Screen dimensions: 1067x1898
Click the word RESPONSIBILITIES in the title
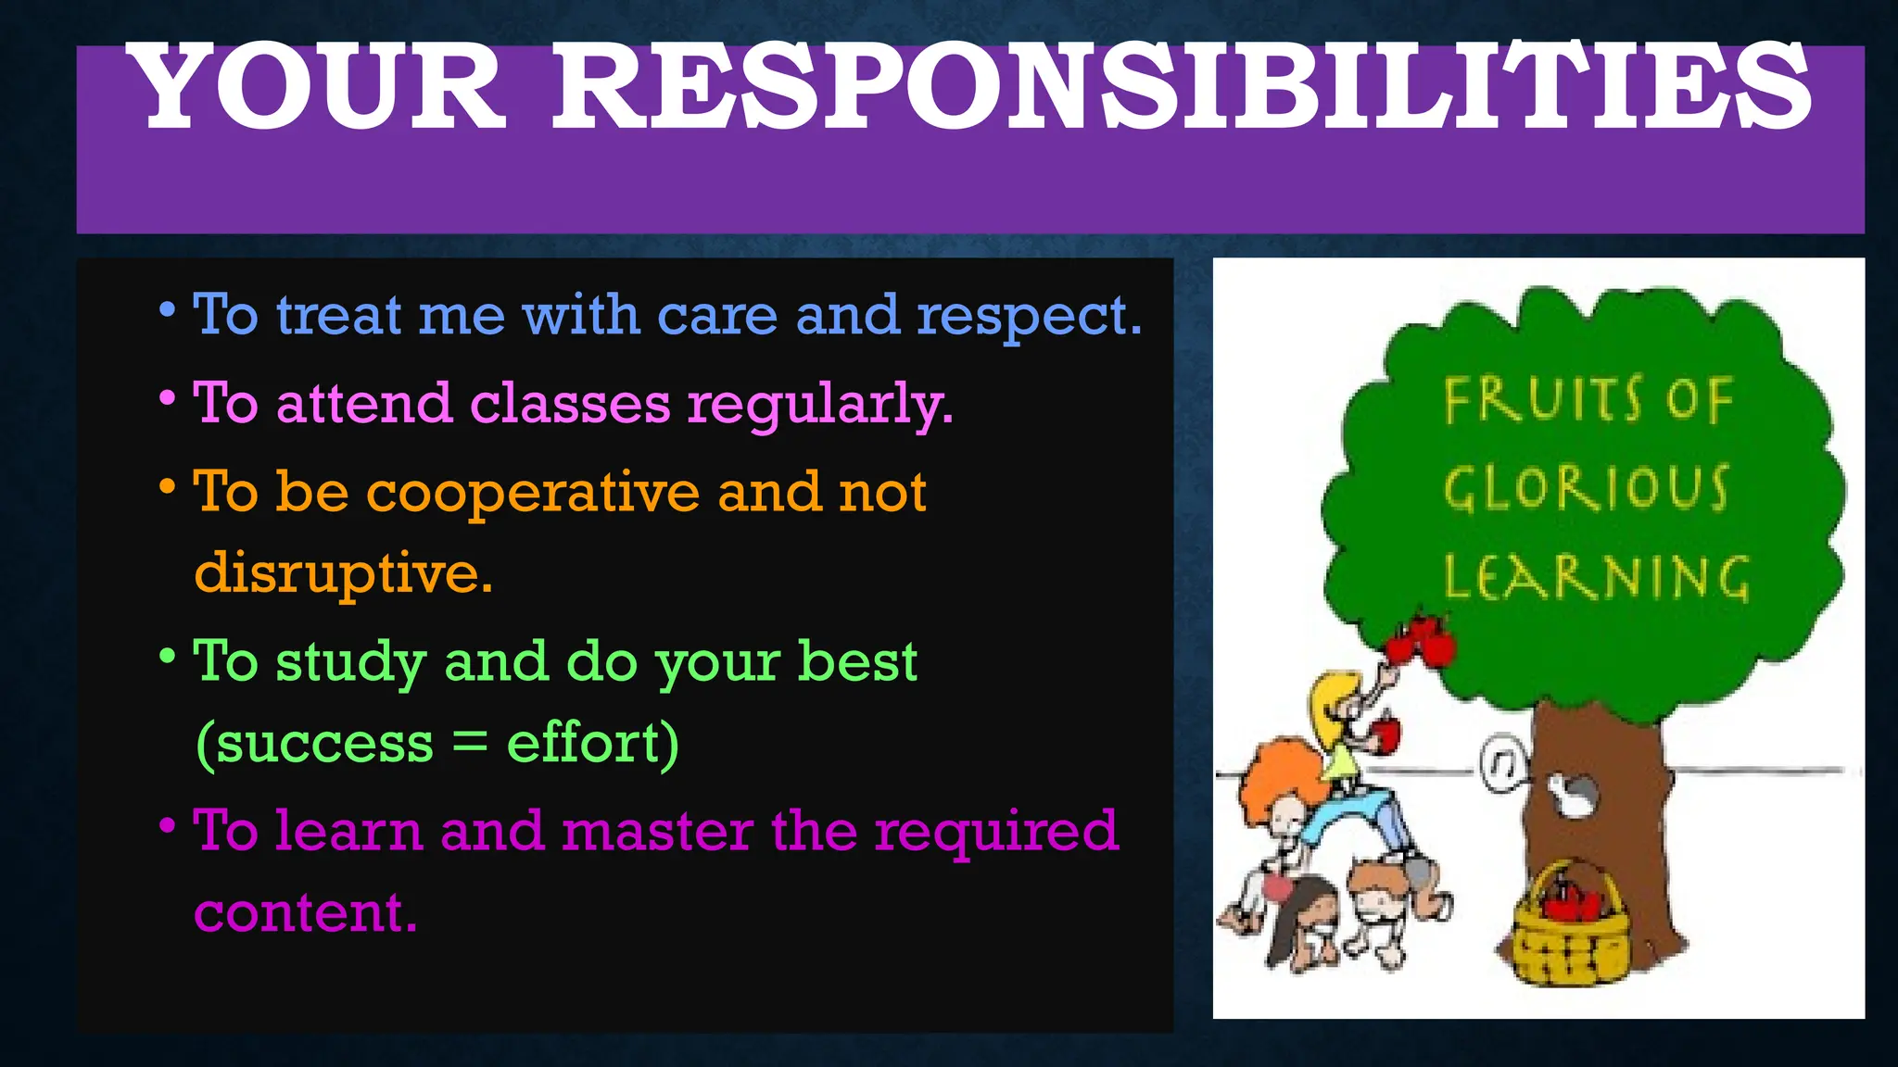click(x=1182, y=88)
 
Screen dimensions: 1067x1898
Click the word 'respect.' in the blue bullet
click(x=1029, y=317)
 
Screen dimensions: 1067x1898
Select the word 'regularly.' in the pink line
click(x=819, y=406)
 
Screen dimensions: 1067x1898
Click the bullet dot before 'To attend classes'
click(x=167, y=399)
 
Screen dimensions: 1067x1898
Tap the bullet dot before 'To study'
click(x=167, y=657)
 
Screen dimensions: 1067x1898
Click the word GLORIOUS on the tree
click(x=1586, y=488)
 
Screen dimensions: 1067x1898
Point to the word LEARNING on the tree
click(x=1596, y=577)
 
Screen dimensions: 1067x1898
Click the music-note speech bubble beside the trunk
click(x=1503, y=763)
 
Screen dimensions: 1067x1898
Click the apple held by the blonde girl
click(x=1386, y=734)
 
